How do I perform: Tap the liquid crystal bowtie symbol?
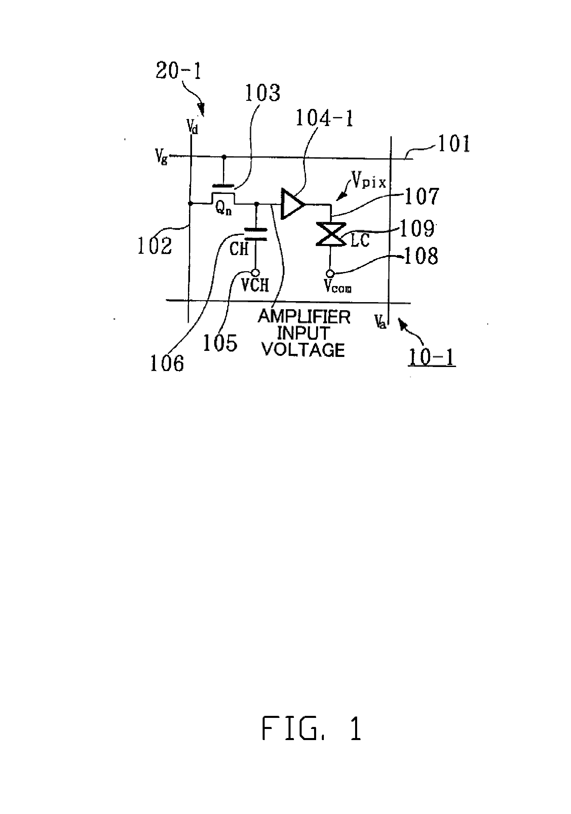pos(331,234)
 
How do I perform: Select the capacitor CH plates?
pos(255,234)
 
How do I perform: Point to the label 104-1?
pos(324,118)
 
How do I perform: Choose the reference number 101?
pos(454,144)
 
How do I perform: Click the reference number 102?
pos(155,245)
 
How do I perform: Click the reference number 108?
pos(421,256)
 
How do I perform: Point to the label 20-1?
pos(178,71)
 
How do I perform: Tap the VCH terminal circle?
pos(255,273)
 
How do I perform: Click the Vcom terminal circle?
pos(331,273)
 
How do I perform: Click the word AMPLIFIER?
pos(304,317)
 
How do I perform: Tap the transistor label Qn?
pos(223,209)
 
